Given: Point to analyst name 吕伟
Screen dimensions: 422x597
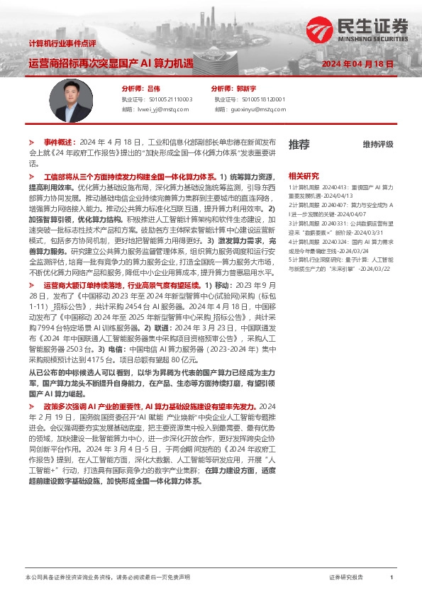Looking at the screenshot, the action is (x=154, y=89).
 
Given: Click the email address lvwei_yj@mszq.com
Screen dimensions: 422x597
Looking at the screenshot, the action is (x=165, y=110).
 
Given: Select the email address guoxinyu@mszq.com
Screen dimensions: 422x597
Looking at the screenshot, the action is (x=257, y=110).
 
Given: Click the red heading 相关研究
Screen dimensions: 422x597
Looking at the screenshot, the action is (x=304, y=175).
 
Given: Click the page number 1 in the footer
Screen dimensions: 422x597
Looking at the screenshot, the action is (x=392, y=578).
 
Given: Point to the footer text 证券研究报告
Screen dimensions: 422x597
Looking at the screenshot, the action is (x=346, y=578).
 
